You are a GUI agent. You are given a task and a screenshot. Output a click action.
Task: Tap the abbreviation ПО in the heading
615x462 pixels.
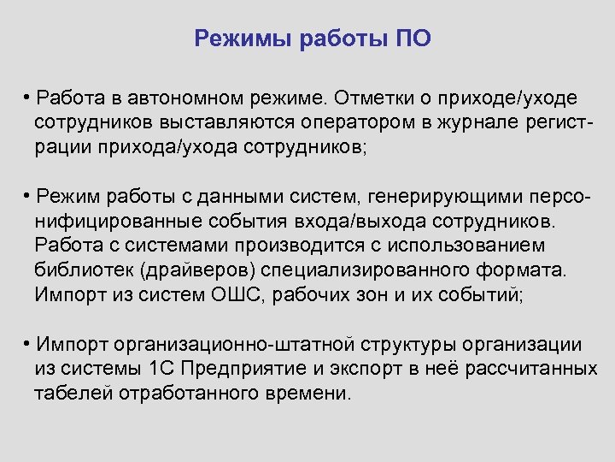point(413,38)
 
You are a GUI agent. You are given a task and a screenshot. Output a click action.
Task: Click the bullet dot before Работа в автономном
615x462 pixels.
point(28,94)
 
